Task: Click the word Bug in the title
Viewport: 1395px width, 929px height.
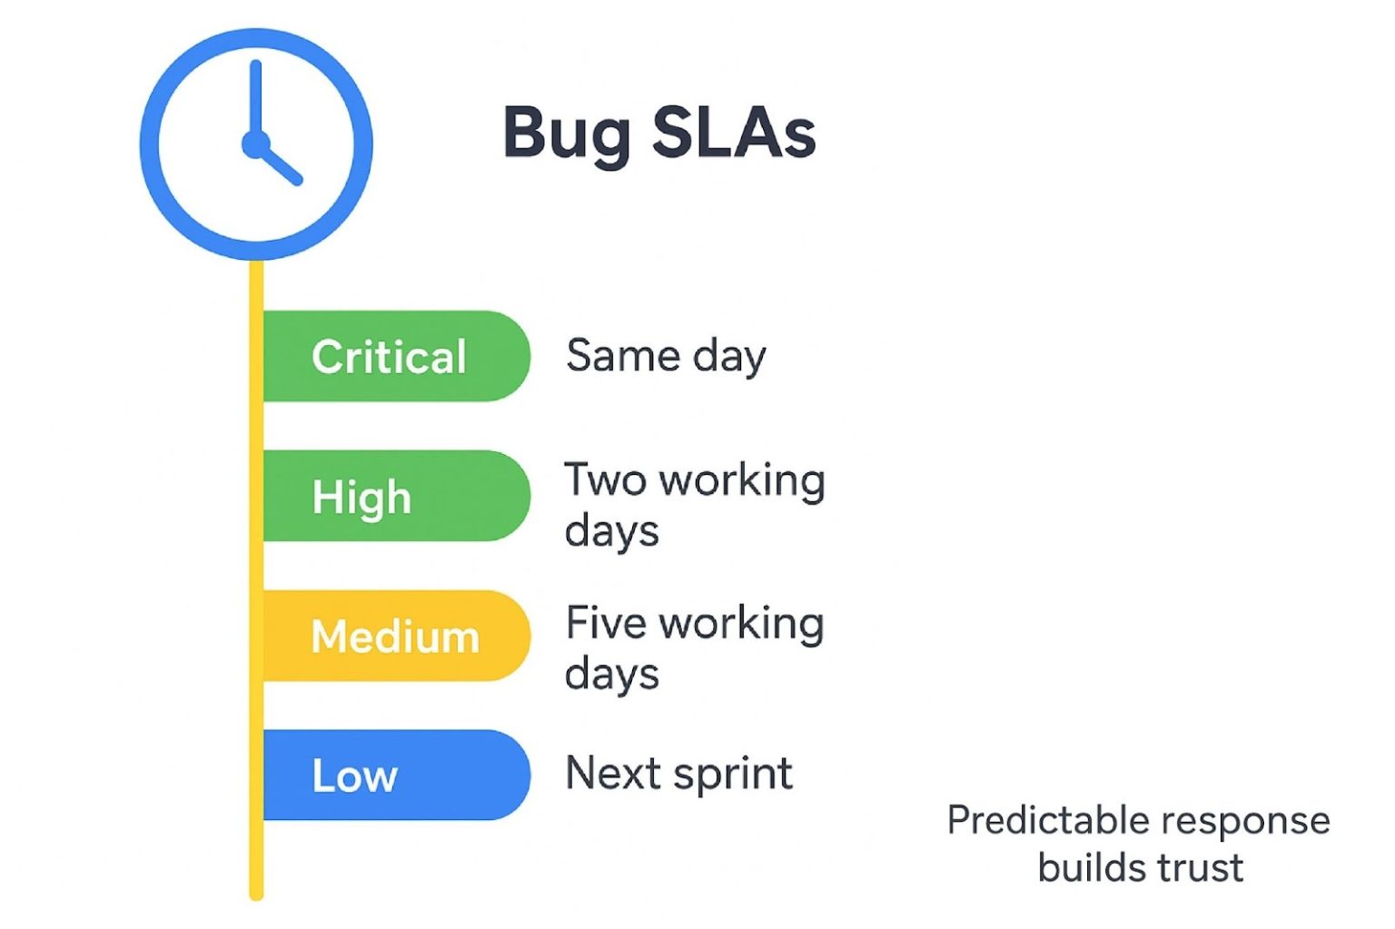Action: pyautogui.click(x=566, y=134)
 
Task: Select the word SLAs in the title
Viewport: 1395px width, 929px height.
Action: pyautogui.click(x=734, y=133)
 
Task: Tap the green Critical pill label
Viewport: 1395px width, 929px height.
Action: pyautogui.click(x=391, y=356)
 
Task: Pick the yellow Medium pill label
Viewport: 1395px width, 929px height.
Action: pyautogui.click(x=395, y=636)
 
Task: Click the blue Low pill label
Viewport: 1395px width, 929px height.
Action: pyautogui.click(x=355, y=776)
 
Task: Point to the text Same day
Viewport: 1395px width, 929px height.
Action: pyautogui.click(x=666, y=355)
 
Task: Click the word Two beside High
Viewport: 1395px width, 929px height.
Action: pyautogui.click(x=605, y=479)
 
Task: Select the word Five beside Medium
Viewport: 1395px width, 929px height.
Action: pyautogui.click(x=606, y=623)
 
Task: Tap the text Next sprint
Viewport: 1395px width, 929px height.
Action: pyautogui.click(x=678, y=774)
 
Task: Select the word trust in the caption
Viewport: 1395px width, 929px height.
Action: pyautogui.click(x=1194, y=867)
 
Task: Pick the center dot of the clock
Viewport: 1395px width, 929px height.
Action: pyautogui.click(x=255, y=144)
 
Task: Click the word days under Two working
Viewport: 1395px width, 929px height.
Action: pyautogui.click(x=611, y=531)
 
